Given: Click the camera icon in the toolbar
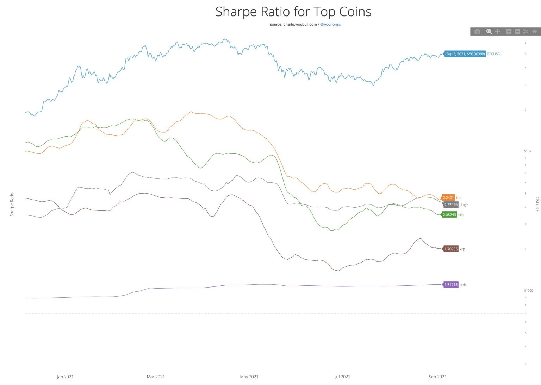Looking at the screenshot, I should coord(477,32).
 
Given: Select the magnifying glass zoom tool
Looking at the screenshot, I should coord(489,32).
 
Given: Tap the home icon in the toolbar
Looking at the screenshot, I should coord(534,32).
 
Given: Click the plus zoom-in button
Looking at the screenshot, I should coord(509,32).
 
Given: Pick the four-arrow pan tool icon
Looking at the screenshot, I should coord(498,32).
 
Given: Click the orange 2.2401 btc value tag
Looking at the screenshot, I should coord(448,198).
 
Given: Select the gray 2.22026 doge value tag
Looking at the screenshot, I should coord(450,205).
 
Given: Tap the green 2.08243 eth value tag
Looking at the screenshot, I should coord(449,215).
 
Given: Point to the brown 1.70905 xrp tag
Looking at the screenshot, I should coord(450,249).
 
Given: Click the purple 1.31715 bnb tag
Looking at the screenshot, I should coord(450,285).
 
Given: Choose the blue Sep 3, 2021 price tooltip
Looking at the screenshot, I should coord(465,54).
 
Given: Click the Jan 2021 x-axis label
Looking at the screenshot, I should coord(65,377).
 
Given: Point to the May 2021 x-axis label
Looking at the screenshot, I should coord(249,377).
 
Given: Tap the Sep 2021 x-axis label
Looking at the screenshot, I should coord(437,377).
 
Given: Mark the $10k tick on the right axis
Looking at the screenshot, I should coord(527,151).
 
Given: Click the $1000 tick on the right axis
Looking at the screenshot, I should coord(528,291).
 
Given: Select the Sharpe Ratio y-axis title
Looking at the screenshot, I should coord(12,204).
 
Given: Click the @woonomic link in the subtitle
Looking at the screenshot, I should coord(330,25).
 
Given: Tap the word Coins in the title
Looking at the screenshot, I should coord(355,12).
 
